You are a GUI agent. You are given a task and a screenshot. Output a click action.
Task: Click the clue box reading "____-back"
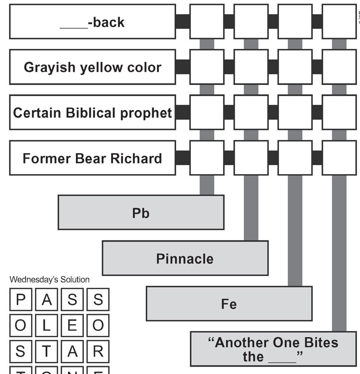(x=92, y=22)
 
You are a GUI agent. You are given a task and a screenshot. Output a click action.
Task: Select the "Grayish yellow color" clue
(x=92, y=67)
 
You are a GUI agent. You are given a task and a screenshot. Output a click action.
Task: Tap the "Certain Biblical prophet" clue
(x=92, y=113)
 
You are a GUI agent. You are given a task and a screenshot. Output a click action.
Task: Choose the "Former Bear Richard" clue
(x=92, y=158)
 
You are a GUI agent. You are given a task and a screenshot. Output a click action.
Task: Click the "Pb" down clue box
(x=141, y=212)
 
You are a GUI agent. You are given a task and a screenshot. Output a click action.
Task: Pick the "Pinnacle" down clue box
(x=185, y=258)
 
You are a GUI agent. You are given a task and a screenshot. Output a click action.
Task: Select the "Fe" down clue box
(x=229, y=304)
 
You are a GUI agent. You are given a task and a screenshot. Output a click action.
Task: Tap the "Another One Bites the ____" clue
(x=273, y=349)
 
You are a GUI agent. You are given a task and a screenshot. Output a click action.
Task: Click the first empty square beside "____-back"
(x=207, y=22)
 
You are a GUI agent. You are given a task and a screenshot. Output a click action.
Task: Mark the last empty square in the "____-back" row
(x=339, y=22)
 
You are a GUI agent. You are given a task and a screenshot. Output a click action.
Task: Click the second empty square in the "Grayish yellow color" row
(x=251, y=67)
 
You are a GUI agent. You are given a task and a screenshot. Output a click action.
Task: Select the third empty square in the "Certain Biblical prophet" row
(x=295, y=113)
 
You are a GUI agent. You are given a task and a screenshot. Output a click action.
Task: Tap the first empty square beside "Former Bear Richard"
(x=207, y=158)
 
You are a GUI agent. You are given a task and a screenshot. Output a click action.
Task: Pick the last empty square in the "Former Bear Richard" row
(x=339, y=158)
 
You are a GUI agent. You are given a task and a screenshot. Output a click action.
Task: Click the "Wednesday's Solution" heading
(x=50, y=279)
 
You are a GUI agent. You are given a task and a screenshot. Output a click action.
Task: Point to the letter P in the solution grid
(x=21, y=300)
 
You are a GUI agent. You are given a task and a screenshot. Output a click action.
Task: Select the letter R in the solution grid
(x=98, y=351)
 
